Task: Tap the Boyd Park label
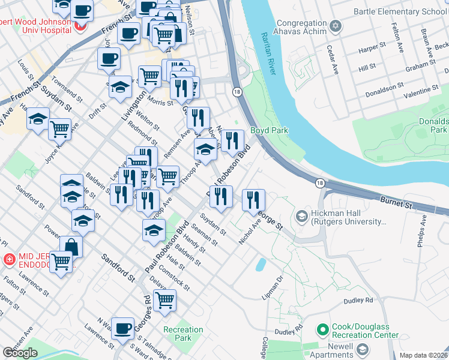tap(269, 130)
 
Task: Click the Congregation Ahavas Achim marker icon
tap(336, 26)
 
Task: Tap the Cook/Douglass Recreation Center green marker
tap(322, 329)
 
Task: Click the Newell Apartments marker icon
tap(362, 349)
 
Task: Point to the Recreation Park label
tap(183, 334)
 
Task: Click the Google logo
tap(20, 353)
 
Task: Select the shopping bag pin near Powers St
tap(71, 246)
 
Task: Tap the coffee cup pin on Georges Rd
tap(123, 328)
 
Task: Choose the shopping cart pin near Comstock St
tap(164, 300)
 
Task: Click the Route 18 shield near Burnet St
tap(321, 183)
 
